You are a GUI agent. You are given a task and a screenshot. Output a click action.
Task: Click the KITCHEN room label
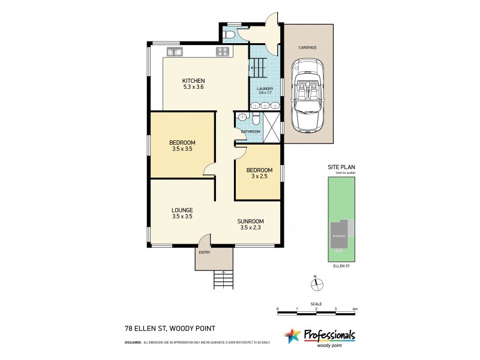(194, 81)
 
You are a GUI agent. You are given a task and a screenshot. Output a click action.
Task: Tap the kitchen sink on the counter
(175, 52)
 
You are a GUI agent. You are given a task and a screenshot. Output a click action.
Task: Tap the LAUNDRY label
(265, 89)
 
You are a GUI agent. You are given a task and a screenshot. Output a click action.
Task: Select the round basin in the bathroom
(243, 117)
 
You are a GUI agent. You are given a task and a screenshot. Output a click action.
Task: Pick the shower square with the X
(272, 128)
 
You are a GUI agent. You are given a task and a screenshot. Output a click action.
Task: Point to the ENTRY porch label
(205, 252)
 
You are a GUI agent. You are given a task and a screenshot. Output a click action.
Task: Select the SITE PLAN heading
(341, 167)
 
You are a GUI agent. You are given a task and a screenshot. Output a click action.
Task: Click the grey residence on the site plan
(340, 236)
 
